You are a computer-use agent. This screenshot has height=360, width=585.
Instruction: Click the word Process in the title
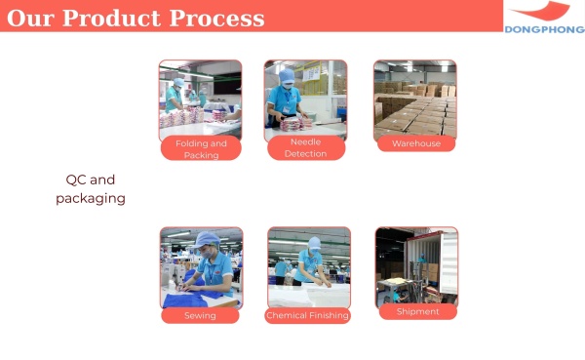point(217,19)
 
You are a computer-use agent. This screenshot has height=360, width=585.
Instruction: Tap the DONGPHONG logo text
point(544,29)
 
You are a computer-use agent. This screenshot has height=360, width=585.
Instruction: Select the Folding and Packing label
point(201,149)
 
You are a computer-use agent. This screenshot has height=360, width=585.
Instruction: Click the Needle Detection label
point(305,148)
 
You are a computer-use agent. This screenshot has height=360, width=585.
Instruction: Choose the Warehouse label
point(416,143)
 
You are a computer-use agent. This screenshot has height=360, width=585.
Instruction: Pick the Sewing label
point(200,316)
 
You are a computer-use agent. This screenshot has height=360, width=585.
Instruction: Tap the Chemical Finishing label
point(308,316)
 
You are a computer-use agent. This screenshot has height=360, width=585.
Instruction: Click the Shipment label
point(417,312)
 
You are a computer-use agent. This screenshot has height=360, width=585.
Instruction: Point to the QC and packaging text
point(90,189)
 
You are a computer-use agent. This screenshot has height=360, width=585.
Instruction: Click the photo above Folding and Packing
point(200,98)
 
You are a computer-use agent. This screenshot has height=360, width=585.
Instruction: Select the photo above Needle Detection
point(305,98)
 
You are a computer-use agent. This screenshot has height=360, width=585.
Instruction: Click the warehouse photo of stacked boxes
point(415,98)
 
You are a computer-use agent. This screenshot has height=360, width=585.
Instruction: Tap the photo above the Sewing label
point(201,267)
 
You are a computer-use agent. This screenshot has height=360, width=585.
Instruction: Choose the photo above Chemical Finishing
point(308,267)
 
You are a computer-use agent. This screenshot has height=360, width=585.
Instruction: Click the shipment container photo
point(416,265)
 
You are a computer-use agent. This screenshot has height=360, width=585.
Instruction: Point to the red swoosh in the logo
point(542,12)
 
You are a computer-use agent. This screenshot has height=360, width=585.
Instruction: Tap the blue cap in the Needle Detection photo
point(287,77)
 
